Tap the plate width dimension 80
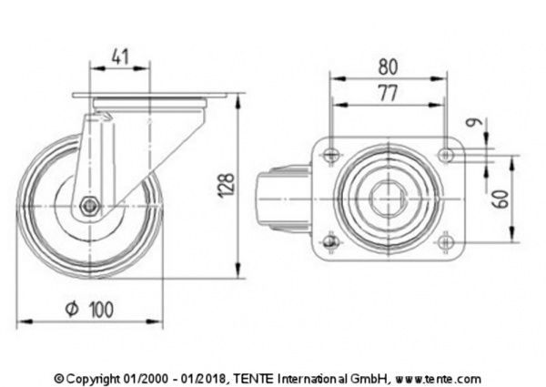(x=389, y=66)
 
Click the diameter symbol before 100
(x=74, y=310)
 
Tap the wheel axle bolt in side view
(x=88, y=206)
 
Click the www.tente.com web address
(x=439, y=378)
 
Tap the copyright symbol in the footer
(x=60, y=378)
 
